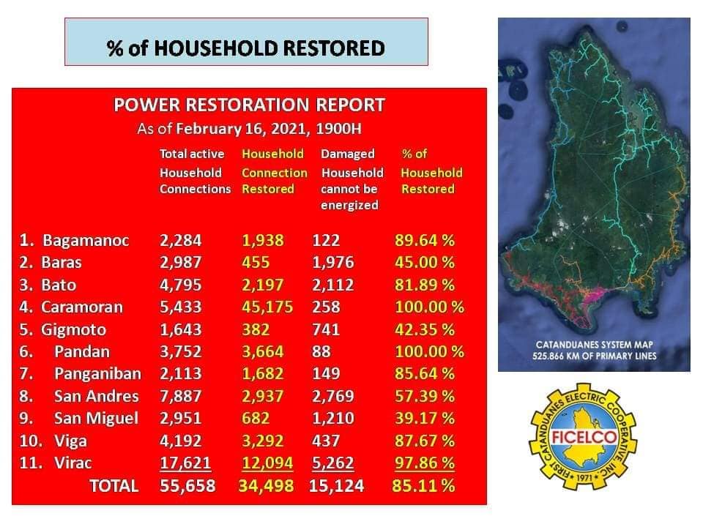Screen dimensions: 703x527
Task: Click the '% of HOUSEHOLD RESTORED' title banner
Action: [x=246, y=42]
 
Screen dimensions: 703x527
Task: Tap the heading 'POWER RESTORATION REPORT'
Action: [x=249, y=105]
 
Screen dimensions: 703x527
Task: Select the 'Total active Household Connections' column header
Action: [x=195, y=171]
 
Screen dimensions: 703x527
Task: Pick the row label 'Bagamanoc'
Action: [x=86, y=241]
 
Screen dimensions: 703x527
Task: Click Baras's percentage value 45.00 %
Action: [x=425, y=263]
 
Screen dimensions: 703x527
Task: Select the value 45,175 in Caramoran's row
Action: [x=267, y=307]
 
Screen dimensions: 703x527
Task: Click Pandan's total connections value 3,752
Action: [x=181, y=352]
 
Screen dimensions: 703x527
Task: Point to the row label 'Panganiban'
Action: [x=97, y=374]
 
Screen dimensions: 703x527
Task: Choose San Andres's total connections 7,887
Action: [x=181, y=396]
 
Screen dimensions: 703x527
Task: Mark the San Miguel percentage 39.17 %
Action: [x=425, y=419]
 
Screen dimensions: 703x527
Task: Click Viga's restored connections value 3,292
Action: [x=263, y=441]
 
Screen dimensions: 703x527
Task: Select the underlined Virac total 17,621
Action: [x=185, y=463]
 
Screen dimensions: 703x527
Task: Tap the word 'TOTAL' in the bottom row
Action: [x=114, y=486]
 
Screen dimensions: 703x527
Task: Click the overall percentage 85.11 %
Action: [x=424, y=486]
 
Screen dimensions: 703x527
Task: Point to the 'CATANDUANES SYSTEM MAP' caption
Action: [x=595, y=345]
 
